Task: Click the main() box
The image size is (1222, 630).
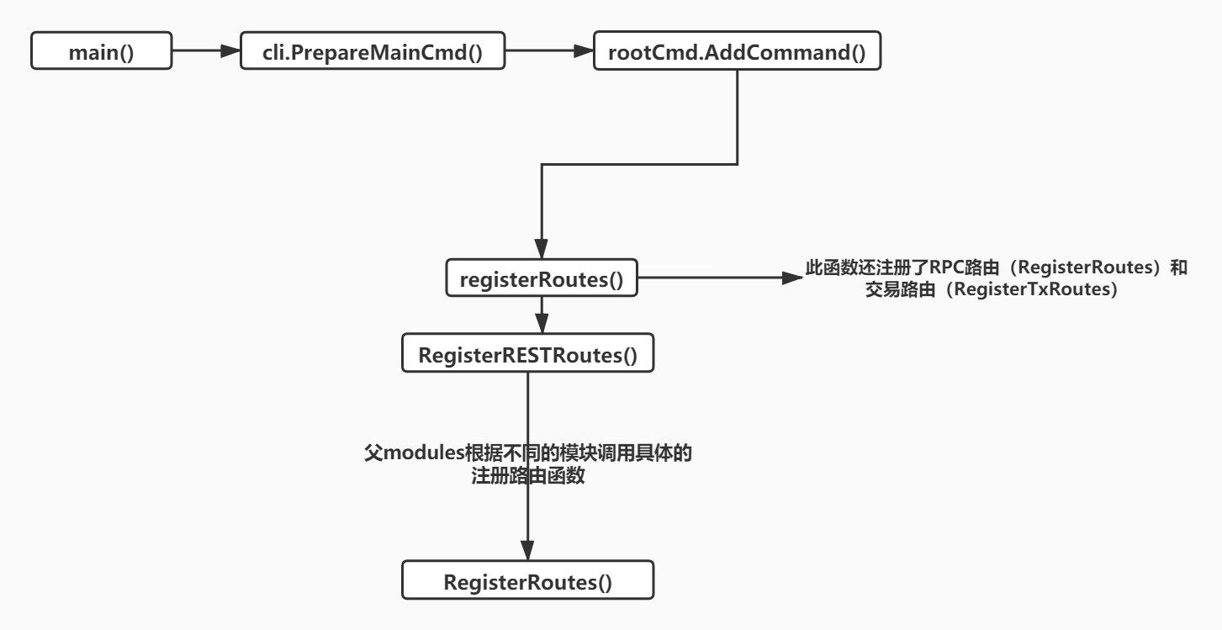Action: [x=101, y=52]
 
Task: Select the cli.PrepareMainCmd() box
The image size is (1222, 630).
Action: [x=373, y=52]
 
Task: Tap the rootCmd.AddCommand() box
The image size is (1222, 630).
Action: [x=738, y=52]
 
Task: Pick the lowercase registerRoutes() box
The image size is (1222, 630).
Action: [x=541, y=279]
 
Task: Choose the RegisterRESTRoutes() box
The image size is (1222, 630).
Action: [x=528, y=354]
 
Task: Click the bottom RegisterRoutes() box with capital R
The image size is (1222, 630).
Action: [x=527, y=581]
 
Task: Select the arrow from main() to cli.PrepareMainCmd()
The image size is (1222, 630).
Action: [x=206, y=52]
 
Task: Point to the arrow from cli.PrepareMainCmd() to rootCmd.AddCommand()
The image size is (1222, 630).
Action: [x=549, y=52]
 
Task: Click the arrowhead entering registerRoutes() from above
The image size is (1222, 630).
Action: [x=541, y=254]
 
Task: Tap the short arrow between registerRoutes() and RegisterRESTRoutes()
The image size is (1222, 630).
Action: [x=541, y=316]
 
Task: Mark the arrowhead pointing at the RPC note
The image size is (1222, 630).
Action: [x=792, y=278]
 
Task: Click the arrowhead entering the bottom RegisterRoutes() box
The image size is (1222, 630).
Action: [x=527, y=554]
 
